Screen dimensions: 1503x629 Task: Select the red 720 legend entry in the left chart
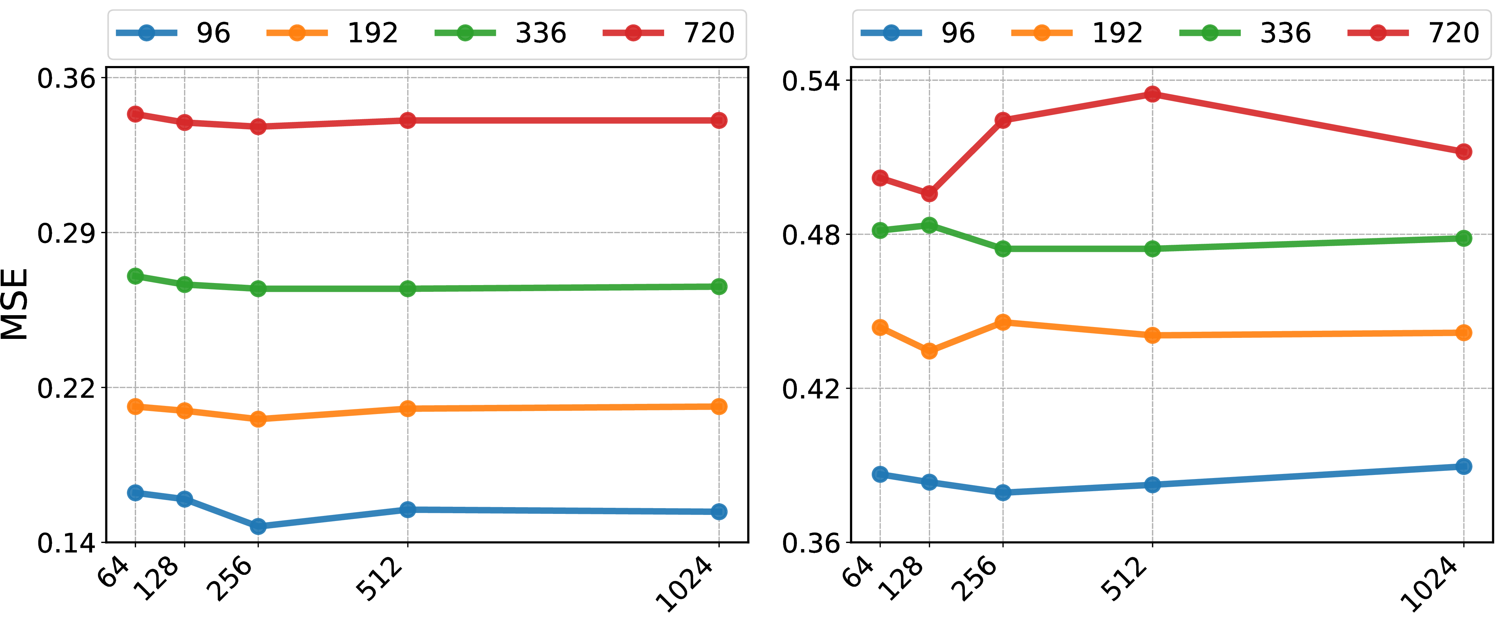pos(669,33)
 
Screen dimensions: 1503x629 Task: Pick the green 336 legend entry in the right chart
pos(1245,33)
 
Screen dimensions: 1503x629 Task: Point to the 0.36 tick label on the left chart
pos(66,78)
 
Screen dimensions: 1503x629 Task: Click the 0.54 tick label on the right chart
pos(811,81)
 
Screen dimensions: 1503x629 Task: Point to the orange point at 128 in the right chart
pos(929,351)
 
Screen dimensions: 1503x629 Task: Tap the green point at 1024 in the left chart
pos(719,286)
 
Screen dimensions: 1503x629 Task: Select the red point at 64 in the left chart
pos(135,114)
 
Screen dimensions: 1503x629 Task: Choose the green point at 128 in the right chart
pos(929,225)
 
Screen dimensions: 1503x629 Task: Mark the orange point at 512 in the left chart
pos(408,408)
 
